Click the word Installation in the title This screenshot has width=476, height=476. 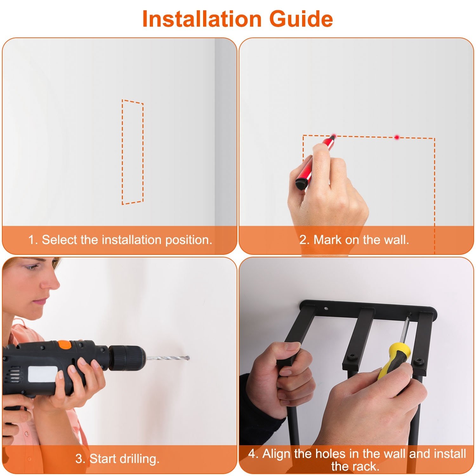(202, 19)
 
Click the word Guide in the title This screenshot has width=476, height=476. (301, 19)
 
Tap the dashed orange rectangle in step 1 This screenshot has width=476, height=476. (122, 152)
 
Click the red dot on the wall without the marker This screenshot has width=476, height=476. (397, 137)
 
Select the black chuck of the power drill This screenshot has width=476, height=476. (127, 358)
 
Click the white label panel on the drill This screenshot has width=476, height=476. (43, 374)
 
